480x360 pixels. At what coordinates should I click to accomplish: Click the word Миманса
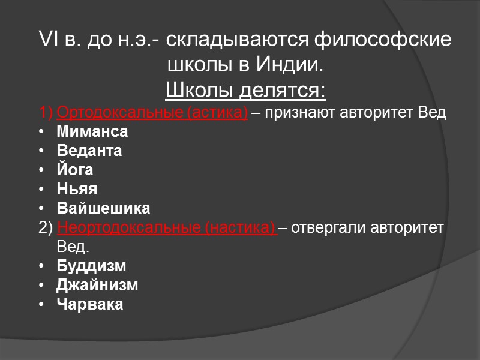[92, 131]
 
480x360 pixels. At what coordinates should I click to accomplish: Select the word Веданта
[89, 151]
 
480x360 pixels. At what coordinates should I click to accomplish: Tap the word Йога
[75, 170]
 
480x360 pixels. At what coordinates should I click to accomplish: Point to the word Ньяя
[77, 189]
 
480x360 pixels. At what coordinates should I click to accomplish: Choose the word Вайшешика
[103, 208]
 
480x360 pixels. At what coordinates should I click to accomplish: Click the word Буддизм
[91, 266]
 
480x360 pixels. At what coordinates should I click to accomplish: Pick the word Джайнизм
[97, 285]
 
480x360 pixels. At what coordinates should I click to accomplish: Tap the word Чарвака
[90, 304]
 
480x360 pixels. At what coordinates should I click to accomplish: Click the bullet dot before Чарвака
[41, 305]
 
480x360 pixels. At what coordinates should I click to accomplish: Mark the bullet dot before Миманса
[41, 132]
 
